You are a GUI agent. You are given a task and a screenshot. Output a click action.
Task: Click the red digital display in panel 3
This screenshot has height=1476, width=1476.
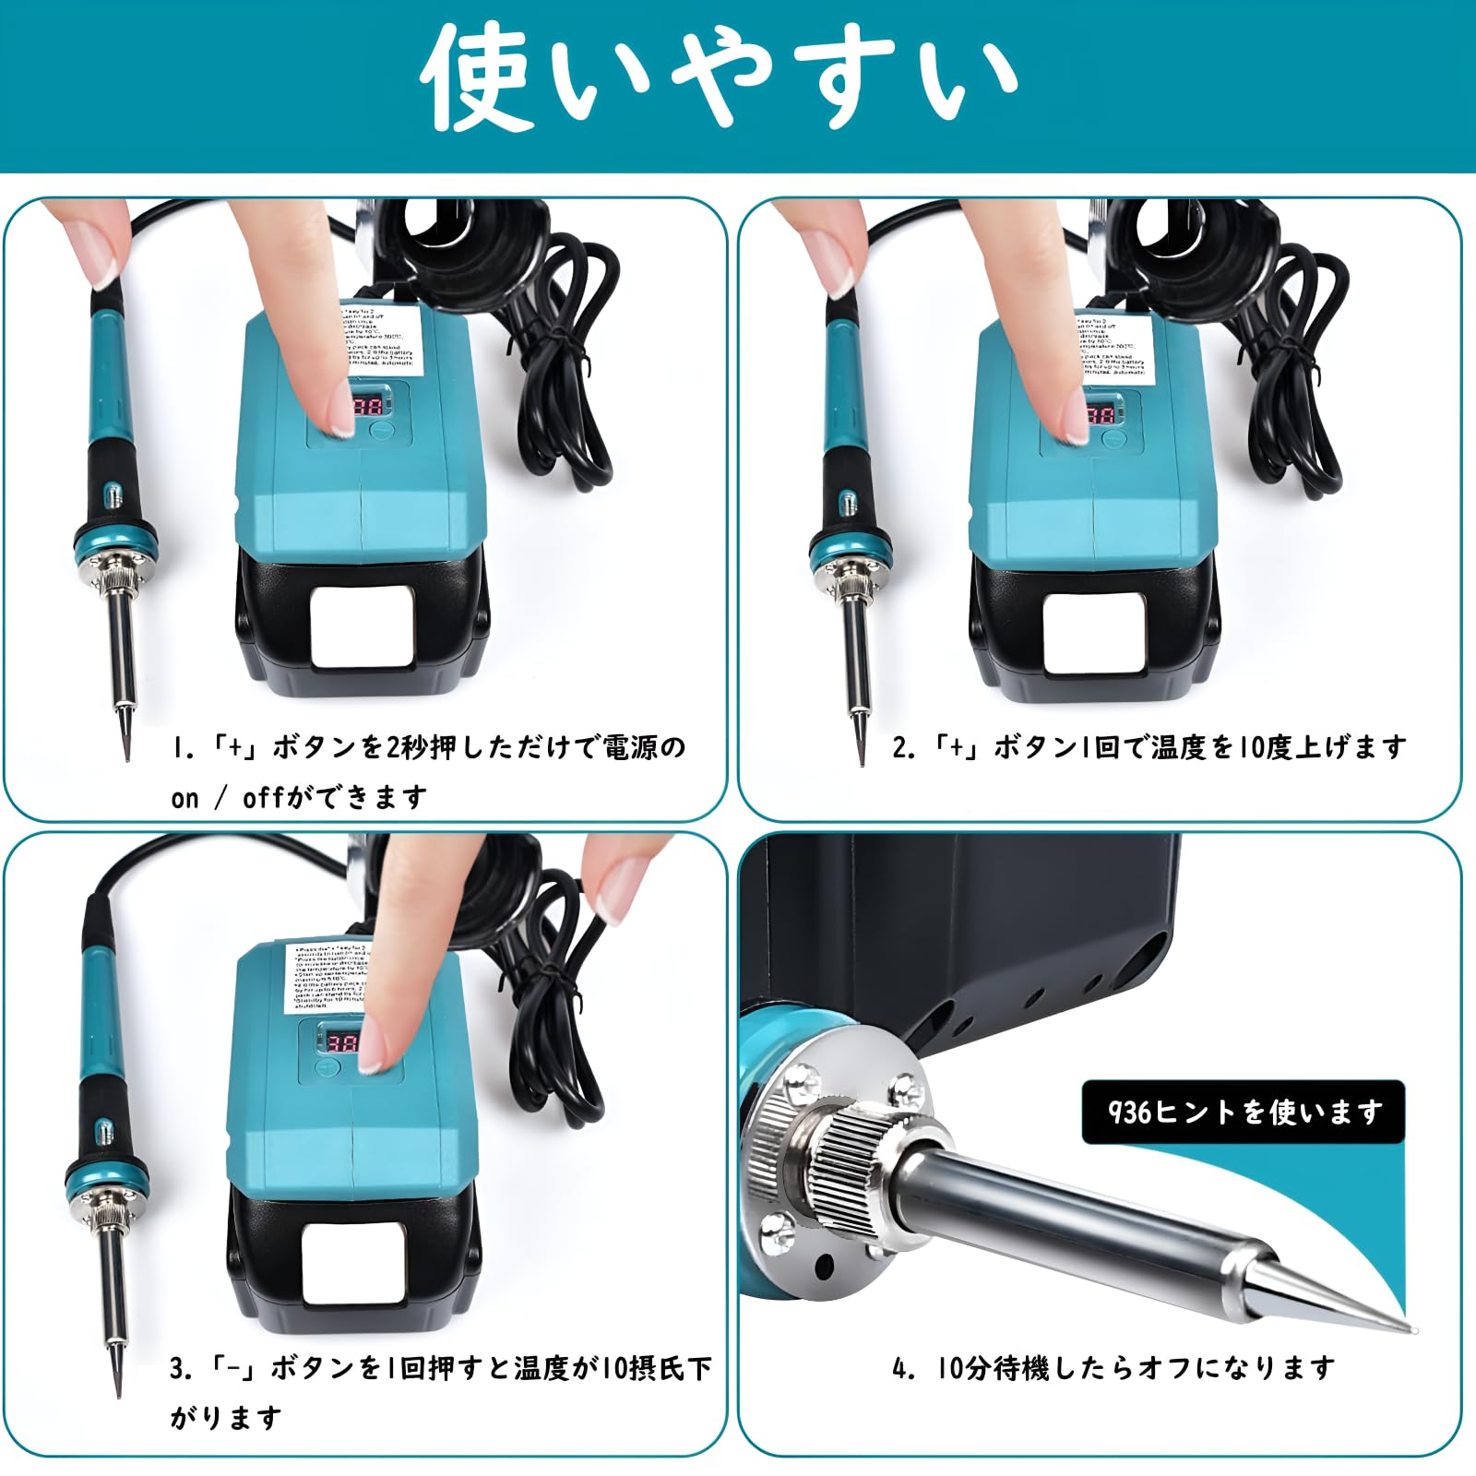[343, 1043]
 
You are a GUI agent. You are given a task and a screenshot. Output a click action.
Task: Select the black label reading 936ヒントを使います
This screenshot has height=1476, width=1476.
[1243, 1113]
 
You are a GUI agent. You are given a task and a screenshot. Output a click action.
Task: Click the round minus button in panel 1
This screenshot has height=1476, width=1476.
[381, 430]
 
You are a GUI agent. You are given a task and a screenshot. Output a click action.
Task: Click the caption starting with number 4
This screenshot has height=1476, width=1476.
[1113, 1367]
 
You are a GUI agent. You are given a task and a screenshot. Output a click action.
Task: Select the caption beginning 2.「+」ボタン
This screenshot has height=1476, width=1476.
[1149, 746]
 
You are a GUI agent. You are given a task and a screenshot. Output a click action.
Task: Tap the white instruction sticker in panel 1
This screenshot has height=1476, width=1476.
[384, 339]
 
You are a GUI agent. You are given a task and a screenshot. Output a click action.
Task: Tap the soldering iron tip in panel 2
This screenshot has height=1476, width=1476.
[860, 733]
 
